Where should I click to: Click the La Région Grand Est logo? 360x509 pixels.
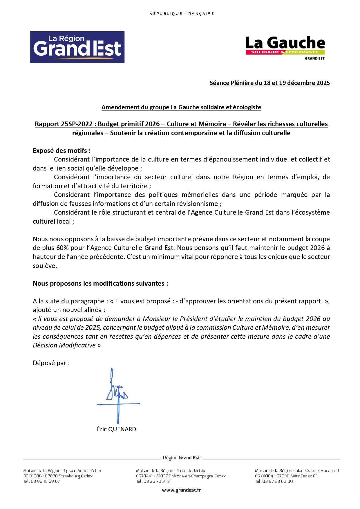(77, 47)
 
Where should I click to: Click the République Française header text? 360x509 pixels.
(181, 14)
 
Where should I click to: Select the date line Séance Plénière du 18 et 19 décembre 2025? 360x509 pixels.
(269, 83)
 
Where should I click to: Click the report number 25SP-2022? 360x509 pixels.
(77, 124)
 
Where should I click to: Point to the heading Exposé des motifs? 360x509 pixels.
(61, 151)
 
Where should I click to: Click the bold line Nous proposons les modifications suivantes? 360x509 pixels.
(100, 283)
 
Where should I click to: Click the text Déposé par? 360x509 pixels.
(51, 363)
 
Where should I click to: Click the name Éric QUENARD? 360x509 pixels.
(116, 429)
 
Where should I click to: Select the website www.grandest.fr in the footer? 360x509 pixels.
(181, 490)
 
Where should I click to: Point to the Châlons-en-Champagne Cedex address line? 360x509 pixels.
(181, 476)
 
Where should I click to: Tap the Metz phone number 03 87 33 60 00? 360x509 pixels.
(278, 481)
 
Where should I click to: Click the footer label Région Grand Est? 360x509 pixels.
(181, 458)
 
